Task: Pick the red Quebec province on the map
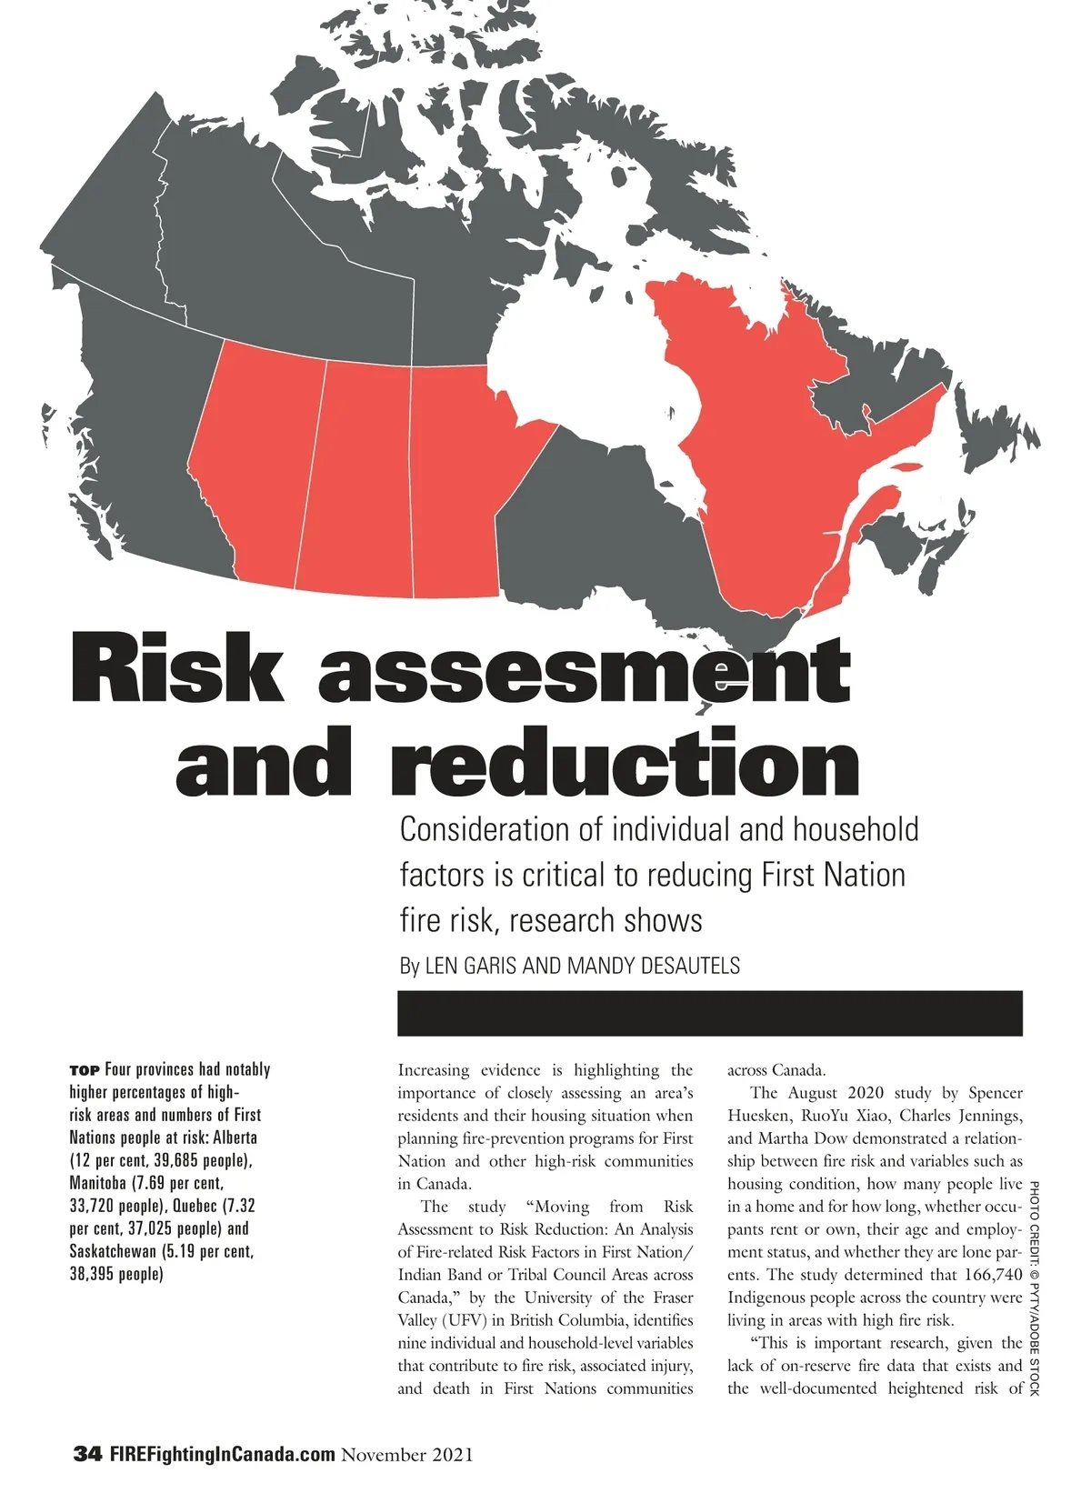(773, 455)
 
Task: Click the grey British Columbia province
(136, 427)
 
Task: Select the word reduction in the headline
(625, 764)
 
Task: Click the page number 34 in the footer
(87, 1454)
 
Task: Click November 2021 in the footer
(407, 1455)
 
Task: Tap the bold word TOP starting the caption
(85, 1070)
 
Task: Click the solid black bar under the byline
(709, 1013)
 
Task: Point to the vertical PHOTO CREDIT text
(1034, 1287)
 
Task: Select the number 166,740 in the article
(993, 1275)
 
